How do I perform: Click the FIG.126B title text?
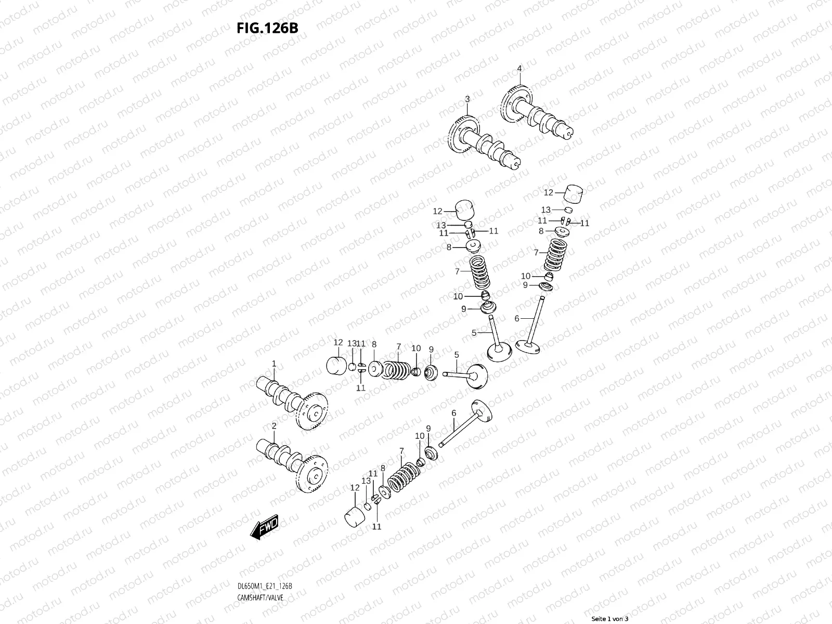pyautogui.click(x=268, y=28)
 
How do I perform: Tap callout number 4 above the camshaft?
pyautogui.click(x=519, y=68)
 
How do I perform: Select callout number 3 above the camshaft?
pyautogui.click(x=467, y=99)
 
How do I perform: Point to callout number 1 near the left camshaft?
pyautogui.click(x=274, y=363)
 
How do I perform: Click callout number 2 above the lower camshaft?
pyautogui.click(x=274, y=426)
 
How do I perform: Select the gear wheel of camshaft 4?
pyautogui.click(x=517, y=101)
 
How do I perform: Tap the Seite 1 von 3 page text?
pyautogui.click(x=609, y=619)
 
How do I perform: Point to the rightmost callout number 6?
pyautogui.click(x=516, y=318)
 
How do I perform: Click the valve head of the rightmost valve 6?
pyautogui.click(x=527, y=345)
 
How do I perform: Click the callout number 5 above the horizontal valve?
pyautogui.click(x=456, y=355)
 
